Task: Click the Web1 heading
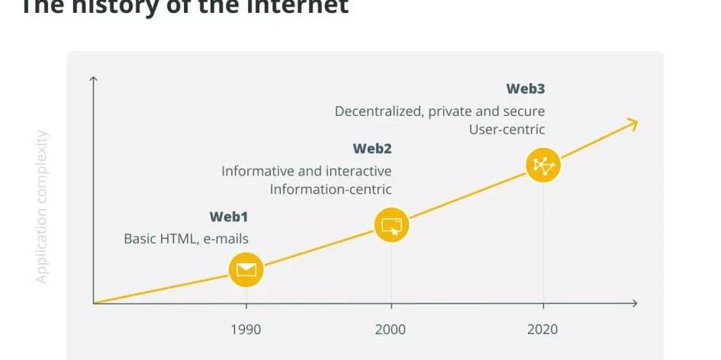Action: click(x=229, y=217)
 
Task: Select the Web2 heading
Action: click(x=372, y=149)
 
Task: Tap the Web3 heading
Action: click(x=525, y=89)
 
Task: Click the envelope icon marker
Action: click(x=246, y=269)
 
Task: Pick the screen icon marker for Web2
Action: click(x=391, y=225)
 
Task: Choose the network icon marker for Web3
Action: click(x=543, y=165)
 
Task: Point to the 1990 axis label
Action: click(x=246, y=329)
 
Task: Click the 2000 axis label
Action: click(x=391, y=329)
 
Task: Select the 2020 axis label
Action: click(x=542, y=329)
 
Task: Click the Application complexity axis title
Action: click(x=42, y=207)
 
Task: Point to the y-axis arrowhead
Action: click(x=93, y=79)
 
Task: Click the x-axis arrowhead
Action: click(x=633, y=304)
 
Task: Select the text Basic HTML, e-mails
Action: click(x=186, y=239)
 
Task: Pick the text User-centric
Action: click(x=507, y=130)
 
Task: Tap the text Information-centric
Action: click(x=330, y=189)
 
